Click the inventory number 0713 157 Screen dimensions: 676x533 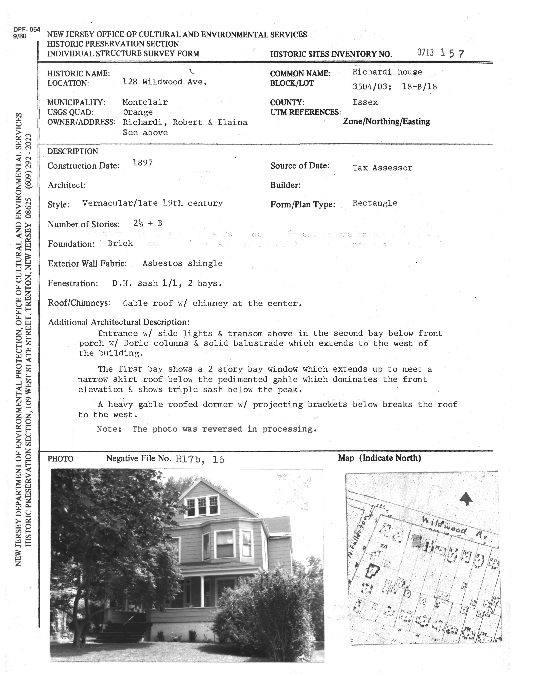(440, 53)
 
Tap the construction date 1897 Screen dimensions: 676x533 (143, 163)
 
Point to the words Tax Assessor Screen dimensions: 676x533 (382, 168)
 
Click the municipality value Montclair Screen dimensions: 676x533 (145, 102)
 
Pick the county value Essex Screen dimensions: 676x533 (365, 102)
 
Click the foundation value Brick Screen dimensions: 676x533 (120, 243)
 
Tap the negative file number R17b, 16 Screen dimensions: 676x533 (200, 459)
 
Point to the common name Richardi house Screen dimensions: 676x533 (387, 72)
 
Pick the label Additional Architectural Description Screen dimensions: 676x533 (118, 322)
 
